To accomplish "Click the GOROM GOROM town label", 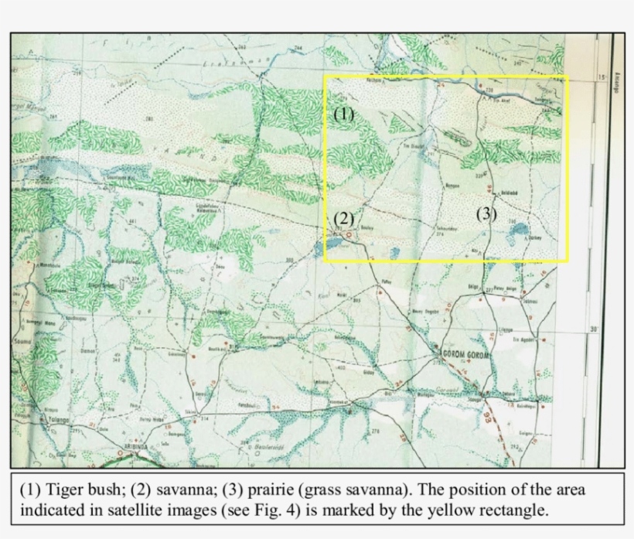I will pos(462,354).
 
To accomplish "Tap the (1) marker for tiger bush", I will pos(343,114).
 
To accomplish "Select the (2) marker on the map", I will pos(343,218).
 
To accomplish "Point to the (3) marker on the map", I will pos(486,214).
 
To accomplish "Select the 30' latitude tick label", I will pos(595,331).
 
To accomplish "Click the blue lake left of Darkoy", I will pos(520,230).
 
